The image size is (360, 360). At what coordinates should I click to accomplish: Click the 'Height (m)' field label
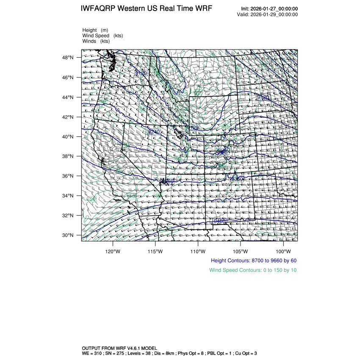coord(95,30)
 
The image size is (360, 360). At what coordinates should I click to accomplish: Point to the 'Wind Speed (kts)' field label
coord(103,36)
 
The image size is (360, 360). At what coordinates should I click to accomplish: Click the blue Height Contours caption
coord(253,260)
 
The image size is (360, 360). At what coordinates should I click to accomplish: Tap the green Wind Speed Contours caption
coord(253,270)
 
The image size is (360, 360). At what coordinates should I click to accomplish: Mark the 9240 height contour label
coord(154,132)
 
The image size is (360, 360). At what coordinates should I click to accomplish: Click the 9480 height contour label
coord(219,222)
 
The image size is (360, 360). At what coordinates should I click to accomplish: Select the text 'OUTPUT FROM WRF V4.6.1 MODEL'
coord(119,348)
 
